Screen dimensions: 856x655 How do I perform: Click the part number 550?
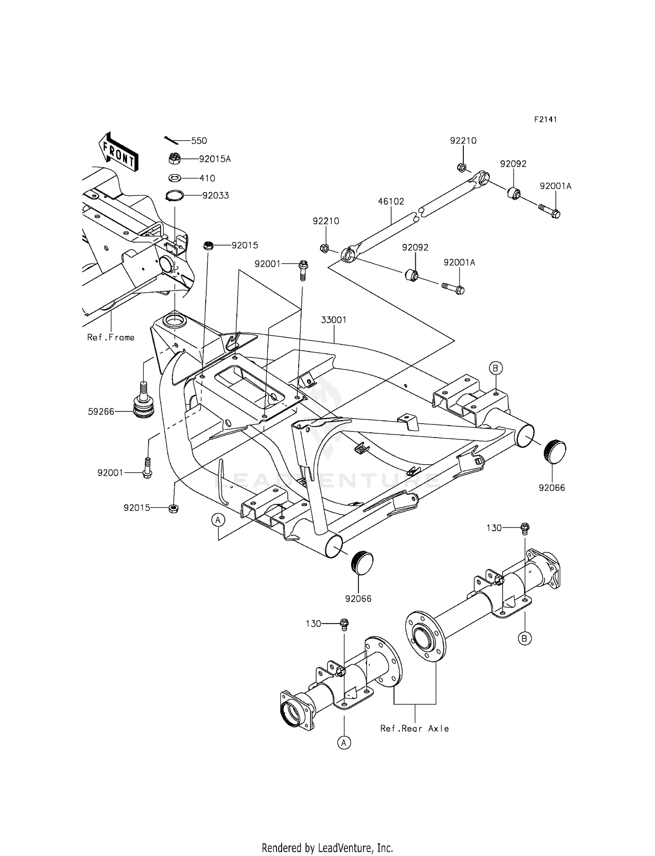coord(199,141)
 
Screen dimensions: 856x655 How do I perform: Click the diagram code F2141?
coord(545,119)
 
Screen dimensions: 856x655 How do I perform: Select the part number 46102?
coord(391,202)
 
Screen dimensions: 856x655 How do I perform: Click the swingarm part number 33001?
coord(334,320)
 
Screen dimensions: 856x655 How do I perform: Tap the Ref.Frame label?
coord(111,337)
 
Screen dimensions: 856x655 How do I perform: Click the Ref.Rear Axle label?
coord(414,728)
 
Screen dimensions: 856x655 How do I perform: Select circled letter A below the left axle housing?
coord(345,743)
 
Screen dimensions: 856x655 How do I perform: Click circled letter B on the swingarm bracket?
coord(495,368)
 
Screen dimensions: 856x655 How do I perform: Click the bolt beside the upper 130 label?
coord(525,529)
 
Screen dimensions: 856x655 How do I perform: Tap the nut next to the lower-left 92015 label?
coord(173,508)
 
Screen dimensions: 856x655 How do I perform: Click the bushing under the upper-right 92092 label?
coord(514,192)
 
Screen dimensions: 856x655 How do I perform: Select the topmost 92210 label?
coord(463,140)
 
